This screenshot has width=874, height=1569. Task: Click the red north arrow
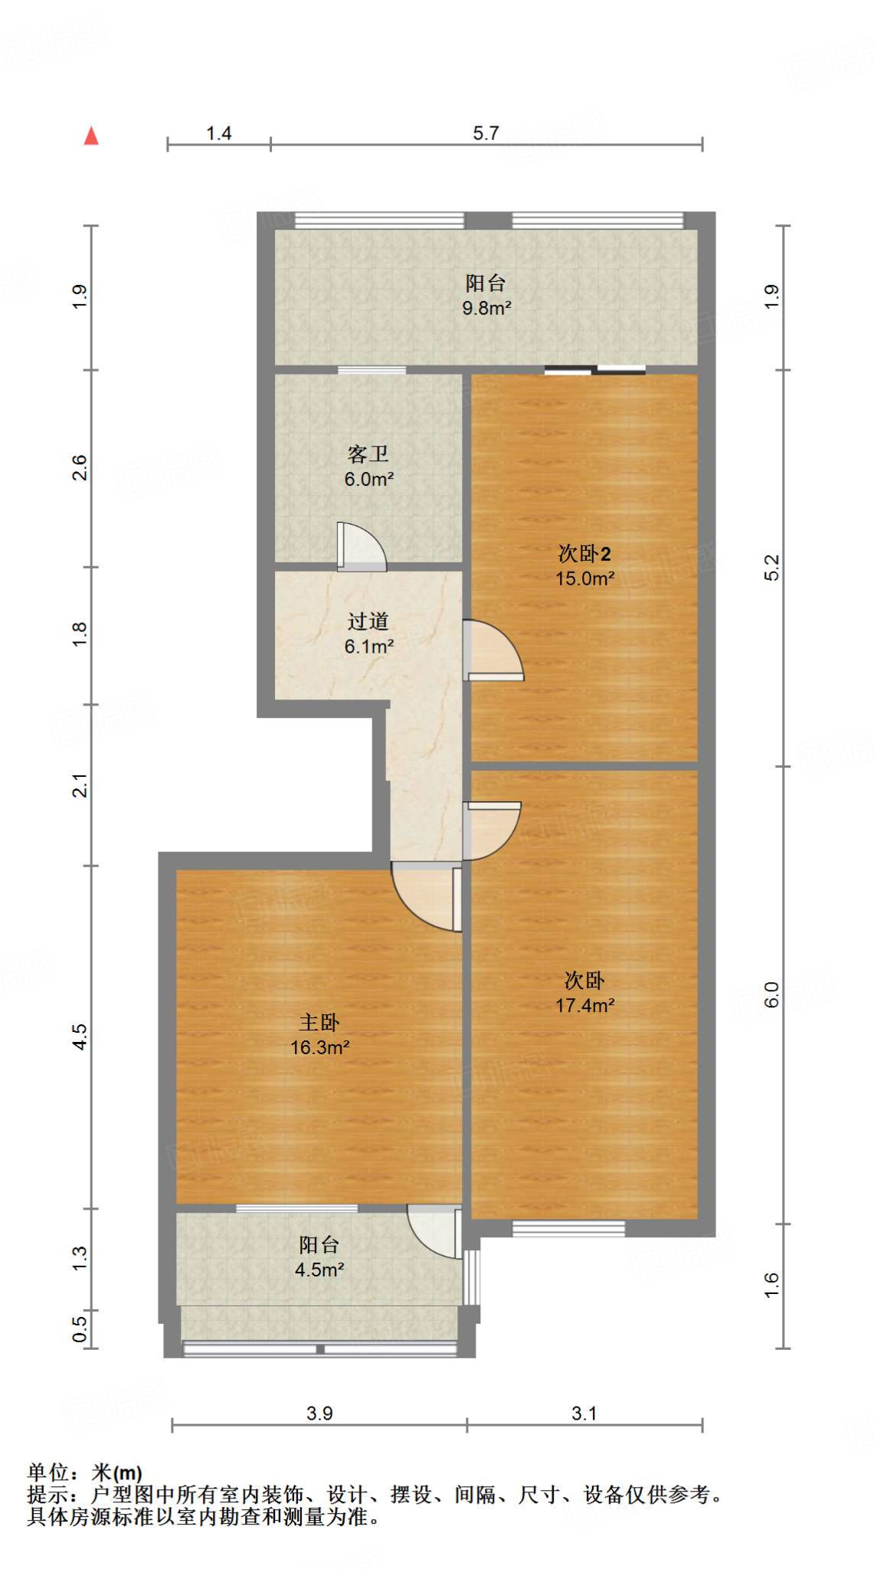coord(91,136)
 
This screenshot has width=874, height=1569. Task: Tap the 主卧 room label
coord(319,1022)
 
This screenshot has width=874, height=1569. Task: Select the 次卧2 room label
coord(584,553)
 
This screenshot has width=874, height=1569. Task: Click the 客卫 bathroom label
coord(368,454)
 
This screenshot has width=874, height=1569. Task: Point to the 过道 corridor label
coord(368,621)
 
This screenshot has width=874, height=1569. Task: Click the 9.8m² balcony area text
coord(486,309)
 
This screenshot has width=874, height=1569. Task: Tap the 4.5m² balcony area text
coord(319,1269)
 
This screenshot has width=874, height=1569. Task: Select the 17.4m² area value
coord(584,1005)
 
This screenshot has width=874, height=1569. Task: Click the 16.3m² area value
coord(319,1047)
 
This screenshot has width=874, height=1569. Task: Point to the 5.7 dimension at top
coord(486,133)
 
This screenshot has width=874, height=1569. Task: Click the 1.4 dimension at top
coord(218,133)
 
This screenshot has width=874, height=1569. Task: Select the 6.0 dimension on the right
coord(771,994)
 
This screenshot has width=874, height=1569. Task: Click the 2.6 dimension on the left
coord(80,468)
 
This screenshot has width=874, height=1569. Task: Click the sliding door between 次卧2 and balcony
coord(595,371)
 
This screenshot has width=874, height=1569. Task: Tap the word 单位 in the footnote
coord(48,1472)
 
